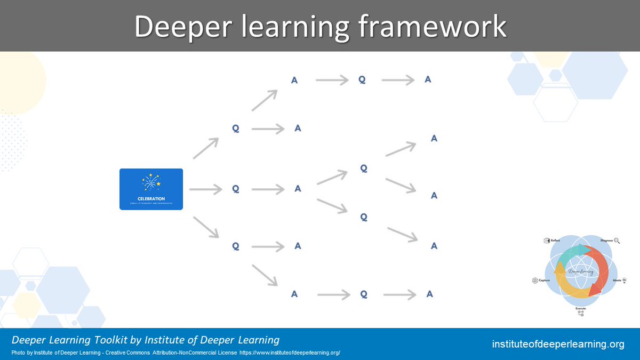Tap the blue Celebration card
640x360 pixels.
click(151, 189)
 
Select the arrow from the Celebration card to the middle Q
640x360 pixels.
click(205, 189)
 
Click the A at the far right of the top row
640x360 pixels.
click(428, 79)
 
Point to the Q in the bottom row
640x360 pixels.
click(363, 294)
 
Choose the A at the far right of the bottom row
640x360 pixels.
click(429, 294)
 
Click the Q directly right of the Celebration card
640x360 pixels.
click(235, 189)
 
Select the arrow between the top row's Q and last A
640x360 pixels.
click(398, 80)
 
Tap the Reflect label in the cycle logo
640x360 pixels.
click(555, 241)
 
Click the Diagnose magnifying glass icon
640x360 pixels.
click(617, 241)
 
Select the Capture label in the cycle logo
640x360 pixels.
click(544, 280)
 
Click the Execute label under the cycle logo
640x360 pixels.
click(580, 308)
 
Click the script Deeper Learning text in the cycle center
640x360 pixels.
click(580, 271)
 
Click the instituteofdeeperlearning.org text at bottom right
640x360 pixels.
click(558, 345)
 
